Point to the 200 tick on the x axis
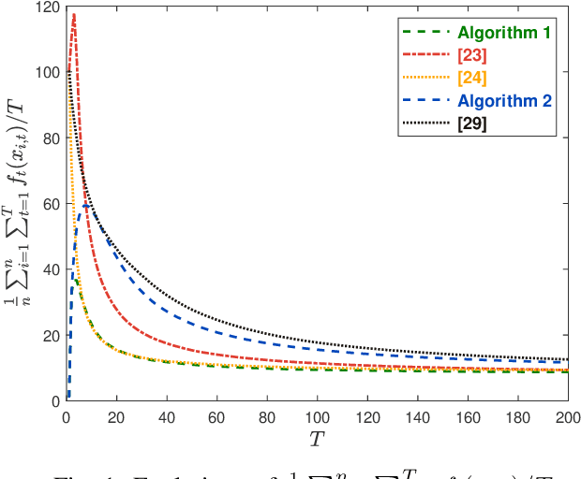point(568,416)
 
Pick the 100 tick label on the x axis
point(318,416)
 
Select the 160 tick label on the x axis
point(468,416)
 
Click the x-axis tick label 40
point(167,416)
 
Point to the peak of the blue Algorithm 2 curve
point(86,205)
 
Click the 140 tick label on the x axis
point(418,416)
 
